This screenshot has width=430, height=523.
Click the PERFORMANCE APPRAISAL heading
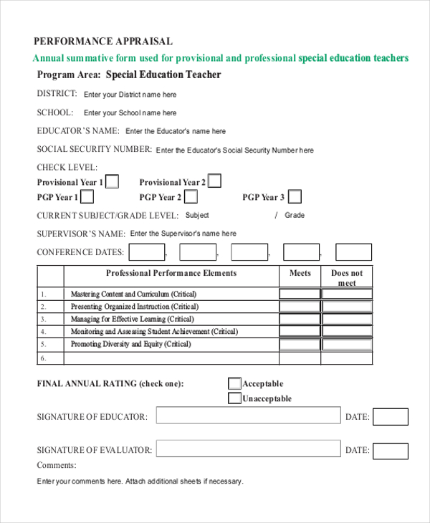pyautogui.click(x=103, y=42)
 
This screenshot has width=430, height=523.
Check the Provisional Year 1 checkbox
pyautogui.click(x=113, y=181)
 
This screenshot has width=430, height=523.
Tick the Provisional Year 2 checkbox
pyautogui.click(x=214, y=181)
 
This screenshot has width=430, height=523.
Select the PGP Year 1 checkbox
pyautogui.click(x=87, y=197)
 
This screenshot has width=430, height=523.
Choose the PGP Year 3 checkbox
pyautogui.click(x=295, y=197)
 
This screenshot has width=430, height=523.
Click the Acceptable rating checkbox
pyautogui.click(x=234, y=383)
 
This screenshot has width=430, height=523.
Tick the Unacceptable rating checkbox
pyautogui.click(x=234, y=398)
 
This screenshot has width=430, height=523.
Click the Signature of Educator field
pyautogui.click(x=248, y=416)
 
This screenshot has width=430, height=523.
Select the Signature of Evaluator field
pyautogui.click(x=248, y=449)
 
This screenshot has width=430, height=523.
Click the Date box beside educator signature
pyautogui.click(x=391, y=416)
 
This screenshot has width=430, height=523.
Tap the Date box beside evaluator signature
pyautogui.click(x=391, y=451)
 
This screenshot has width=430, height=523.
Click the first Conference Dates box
pyautogui.click(x=147, y=252)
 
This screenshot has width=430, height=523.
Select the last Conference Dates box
pyautogui.click(x=354, y=252)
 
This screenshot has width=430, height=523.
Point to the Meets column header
pyautogui.click(x=300, y=273)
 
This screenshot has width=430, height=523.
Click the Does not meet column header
pyautogui.click(x=347, y=277)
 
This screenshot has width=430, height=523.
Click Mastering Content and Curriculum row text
pyautogui.click(x=133, y=294)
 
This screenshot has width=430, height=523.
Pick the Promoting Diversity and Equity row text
pyautogui.click(x=130, y=344)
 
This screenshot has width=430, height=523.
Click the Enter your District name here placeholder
pyautogui.click(x=130, y=95)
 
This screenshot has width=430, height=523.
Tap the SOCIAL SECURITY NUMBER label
pyautogui.click(x=94, y=150)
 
